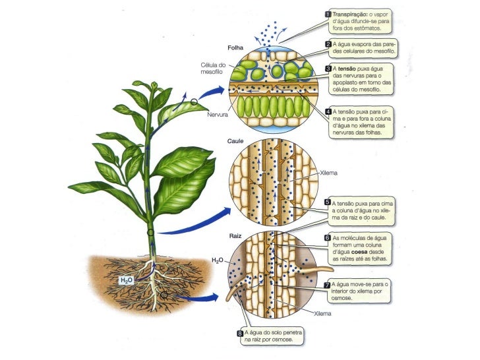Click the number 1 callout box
click(x=328, y=13)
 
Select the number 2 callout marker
click(x=328, y=44)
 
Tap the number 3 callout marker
click(x=328, y=69)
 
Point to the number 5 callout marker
click(x=328, y=203)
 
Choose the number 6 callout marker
click(x=328, y=237)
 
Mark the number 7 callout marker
click(x=328, y=284)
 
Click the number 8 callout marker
click(x=241, y=333)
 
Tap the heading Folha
click(x=235, y=47)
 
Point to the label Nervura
click(x=218, y=114)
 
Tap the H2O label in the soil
click(x=127, y=280)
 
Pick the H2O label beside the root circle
click(x=218, y=262)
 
